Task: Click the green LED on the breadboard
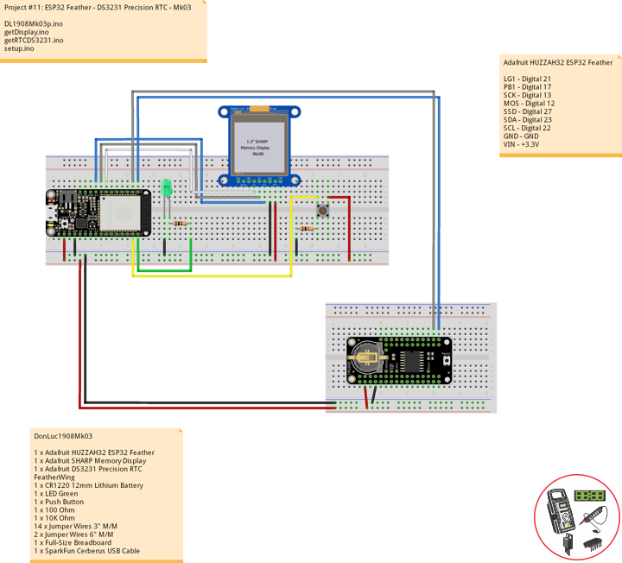point(167,187)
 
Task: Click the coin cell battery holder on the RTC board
point(368,354)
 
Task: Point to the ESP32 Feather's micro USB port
point(53,212)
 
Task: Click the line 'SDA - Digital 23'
point(527,120)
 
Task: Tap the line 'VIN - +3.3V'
point(521,144)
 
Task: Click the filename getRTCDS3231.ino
point(34,41)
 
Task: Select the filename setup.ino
point(19,49)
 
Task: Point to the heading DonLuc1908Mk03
point(62,437)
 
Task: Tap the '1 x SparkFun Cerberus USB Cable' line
point(86,551)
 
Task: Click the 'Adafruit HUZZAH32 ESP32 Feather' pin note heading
point(557,63)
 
